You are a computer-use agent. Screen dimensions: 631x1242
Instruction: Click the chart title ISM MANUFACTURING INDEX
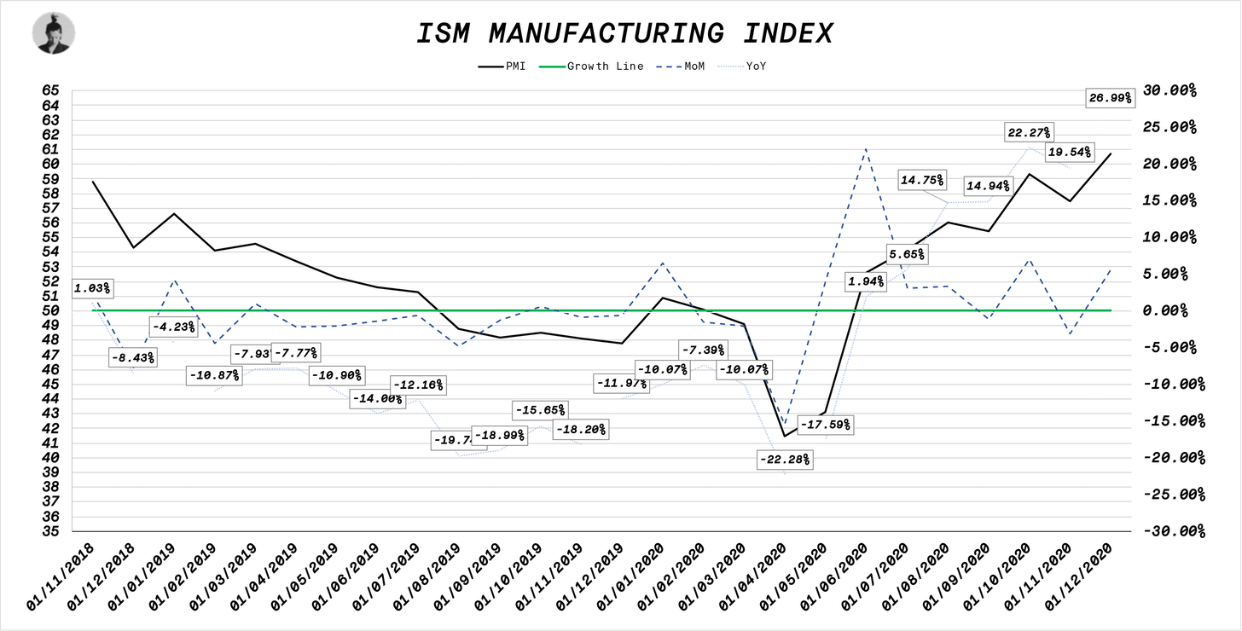tap(624, 33)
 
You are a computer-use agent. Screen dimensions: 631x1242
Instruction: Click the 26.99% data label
tap(1110, 98)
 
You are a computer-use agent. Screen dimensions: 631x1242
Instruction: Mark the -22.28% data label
tap(784, 460)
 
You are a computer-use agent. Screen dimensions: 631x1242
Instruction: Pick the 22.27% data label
tap(1030, 132)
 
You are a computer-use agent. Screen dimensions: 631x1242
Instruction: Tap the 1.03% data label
tap(91, 289)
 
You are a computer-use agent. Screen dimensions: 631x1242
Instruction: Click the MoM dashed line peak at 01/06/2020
tap(866, 149)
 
